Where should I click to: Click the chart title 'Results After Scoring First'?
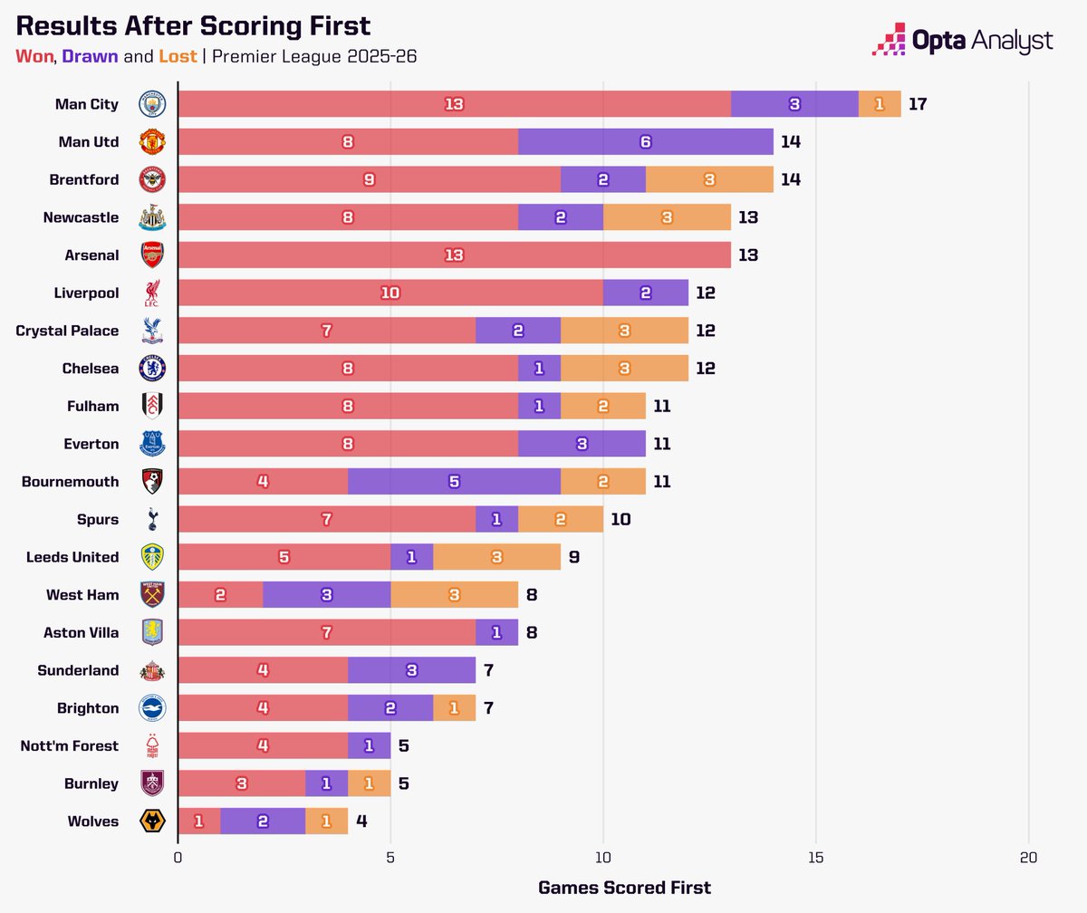pyautogui.click(x=193, y=24)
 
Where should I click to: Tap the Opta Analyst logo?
pyautogui.click(x=962, y=41)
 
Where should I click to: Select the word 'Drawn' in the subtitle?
pyautogui.click(x=90, y=57)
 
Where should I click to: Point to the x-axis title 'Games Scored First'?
pyautogui.click(x=624, y=888)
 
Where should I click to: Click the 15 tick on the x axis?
pyautogui.click(x=815, y=857)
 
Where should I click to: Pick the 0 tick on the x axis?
pyautogui.click(x=178, y=857)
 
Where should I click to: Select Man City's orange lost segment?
pyautogui.click(x=879, y=104)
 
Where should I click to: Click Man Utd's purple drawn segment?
pyautogui.click(x=645, y=142)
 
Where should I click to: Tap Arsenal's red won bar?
pyautogui.click(x=454, y=255)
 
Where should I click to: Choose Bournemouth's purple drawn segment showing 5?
pyautogui.click(x=454, y=482)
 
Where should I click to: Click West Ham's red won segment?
pyautogui.click(x=220, y=595)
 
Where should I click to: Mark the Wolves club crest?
pyautogui.click(x=152, y=822)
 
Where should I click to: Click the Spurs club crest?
pyautogui.click(x=152, y=520)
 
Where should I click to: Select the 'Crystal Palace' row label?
pyautogui.click(x=67, y=331)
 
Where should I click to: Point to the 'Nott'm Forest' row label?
pyautogui.click(x=70, y=746)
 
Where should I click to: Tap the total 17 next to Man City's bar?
pyautogui.click(x=917, y=104)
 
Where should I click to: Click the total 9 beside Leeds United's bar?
pyautogui.click(x=573, y=557)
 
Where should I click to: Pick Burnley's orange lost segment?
pyautogui.click(x=369, y=783)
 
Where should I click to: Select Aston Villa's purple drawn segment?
pyautogui.click(x=496, y=633)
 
